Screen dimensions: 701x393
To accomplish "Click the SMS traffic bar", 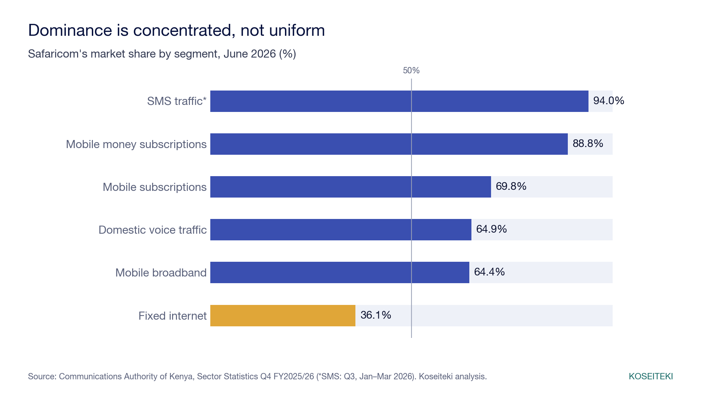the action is point(399,101).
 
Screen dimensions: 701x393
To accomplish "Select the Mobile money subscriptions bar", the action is point(389,144).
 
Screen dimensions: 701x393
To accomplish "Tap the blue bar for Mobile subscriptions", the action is point(350,187).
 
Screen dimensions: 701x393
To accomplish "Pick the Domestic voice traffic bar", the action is point(341,229).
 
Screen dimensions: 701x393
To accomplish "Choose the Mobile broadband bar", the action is point(340,272).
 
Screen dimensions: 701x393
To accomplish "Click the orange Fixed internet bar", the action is point(283,315).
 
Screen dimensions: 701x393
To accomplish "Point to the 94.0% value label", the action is point(609,101).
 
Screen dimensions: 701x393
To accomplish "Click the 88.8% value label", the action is point(588,144).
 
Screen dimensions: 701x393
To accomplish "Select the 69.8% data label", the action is point(511,186).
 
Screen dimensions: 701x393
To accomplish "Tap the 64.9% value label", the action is point(491,229).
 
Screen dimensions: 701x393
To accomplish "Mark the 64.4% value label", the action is point(489,272).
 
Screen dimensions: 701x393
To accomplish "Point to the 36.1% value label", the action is point(376,315).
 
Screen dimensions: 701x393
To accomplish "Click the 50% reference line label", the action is point(411,71).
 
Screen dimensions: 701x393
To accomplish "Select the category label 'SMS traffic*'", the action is point(177,101).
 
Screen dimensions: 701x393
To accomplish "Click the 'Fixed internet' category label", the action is point(172,316).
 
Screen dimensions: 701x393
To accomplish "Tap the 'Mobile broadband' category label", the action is point(161,273).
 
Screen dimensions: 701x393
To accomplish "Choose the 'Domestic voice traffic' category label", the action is point(152,230).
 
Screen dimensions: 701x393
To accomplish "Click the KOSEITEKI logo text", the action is point(651,377).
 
